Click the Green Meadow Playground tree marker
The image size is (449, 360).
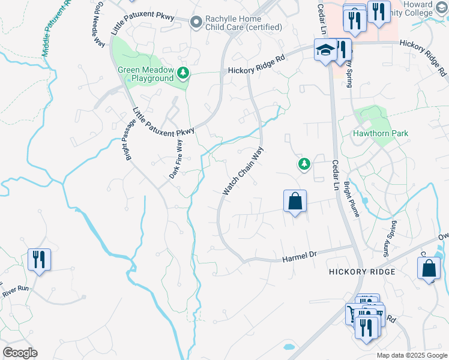[183, 74]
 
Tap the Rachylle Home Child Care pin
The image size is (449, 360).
[196, 23]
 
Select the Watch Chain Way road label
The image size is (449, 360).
[243, 172]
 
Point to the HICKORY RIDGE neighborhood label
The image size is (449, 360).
[362, 272]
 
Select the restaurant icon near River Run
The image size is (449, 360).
[39, 260]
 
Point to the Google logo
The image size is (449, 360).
[20, 353]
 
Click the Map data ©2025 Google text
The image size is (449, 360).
[411, 355]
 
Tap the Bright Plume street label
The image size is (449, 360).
[351, 203]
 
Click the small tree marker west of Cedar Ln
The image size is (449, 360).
[304, 164]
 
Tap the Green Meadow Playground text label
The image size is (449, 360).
[145, 74]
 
